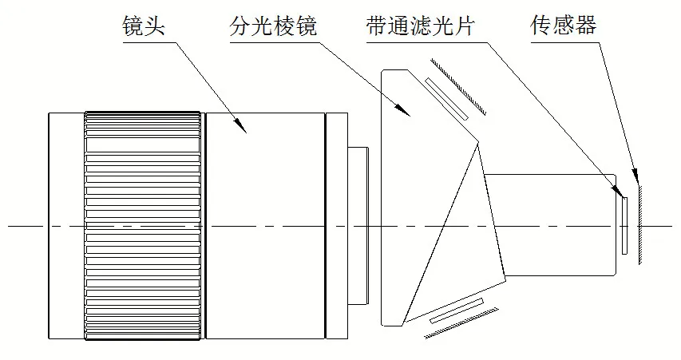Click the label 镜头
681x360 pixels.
click(x=143, y=26)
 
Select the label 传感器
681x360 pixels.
click(x=563, y=26)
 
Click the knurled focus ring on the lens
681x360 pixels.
click(x=142, y=224)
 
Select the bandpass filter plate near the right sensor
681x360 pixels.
click(x=624, y=226)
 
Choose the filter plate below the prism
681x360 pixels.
click(x=457, y=312)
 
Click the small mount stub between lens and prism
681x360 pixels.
click(x=358, y=225)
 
